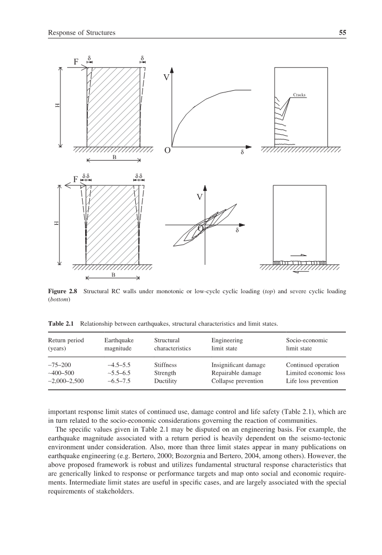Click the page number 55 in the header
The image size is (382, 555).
342,33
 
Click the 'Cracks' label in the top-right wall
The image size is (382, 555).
299,95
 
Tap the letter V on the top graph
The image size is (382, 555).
167,78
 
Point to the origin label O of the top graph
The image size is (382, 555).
167,151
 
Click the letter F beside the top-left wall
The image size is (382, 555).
76,62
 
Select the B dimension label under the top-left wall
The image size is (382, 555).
114,157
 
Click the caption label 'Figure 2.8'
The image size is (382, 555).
63,292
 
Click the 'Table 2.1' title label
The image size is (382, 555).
61,324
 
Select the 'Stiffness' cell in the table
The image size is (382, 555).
165,365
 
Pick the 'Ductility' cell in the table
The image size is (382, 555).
165,381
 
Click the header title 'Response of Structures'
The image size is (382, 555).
81,33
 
